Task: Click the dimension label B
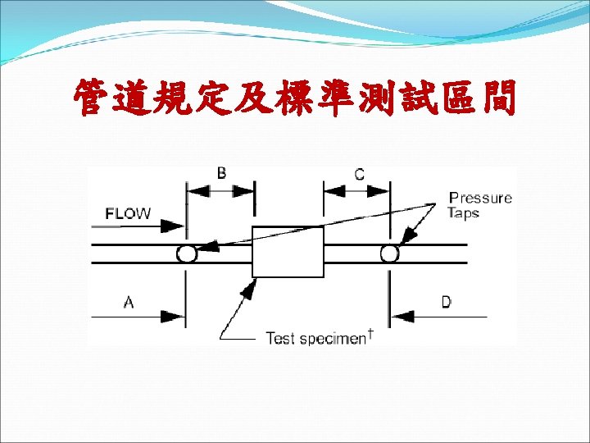coord(221,173)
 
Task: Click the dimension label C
coord(359,174)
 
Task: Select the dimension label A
coord(129,303)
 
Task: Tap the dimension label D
coord(446,303)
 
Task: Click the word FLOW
coord(128,213)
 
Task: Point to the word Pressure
coord(480,198)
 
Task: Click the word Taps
coord(463,213)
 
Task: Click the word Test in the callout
coord(279,338)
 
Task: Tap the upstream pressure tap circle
coord(187,253)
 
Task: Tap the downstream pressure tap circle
coord(389,253)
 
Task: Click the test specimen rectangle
coord(288,251)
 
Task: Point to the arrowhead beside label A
coord(175,316)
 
